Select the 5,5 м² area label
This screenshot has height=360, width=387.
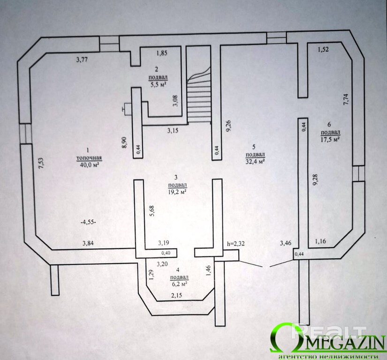[x=159, y=85]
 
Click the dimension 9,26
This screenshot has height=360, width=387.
[x=228, y=127]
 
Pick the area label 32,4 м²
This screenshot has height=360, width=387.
[x=256, y=162]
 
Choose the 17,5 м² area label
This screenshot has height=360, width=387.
[x=330, y=139]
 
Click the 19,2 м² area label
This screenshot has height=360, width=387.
[x=175, y=191]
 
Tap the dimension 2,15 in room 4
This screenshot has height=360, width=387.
[x=177, y=295]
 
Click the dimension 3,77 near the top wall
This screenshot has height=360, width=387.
[x=83, y=59]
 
